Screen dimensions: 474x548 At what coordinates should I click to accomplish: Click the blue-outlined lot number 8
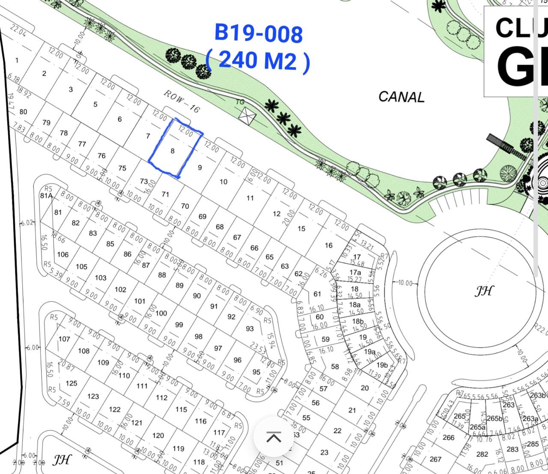tap(173, 151)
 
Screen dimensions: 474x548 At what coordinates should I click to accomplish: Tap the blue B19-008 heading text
tap(259, 33)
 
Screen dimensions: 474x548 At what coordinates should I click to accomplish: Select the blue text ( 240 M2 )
tap(258, 60)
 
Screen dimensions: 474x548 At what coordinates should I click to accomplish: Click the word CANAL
tap(401, 97)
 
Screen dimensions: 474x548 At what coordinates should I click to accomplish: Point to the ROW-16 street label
tap(182, 101)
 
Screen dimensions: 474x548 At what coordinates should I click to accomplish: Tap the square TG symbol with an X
tap(247, 115)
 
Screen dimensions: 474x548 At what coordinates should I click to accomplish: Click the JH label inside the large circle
tap(484, 291)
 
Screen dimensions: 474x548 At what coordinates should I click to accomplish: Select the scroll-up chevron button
tap(274, 437)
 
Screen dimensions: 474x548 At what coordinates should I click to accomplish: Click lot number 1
tap(17, 60)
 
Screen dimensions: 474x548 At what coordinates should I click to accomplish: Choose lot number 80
tap(23, 112)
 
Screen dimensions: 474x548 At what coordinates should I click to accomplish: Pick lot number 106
tap(63, 254)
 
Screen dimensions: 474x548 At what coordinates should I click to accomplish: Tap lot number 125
tap(71, 383)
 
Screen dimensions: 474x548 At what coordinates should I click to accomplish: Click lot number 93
tap(250, 329)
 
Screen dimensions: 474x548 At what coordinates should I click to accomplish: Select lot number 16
tap(328, 245)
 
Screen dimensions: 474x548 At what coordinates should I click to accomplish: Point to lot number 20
tap(364, 388)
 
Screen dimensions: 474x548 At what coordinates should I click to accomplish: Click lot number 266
tap(448, 437)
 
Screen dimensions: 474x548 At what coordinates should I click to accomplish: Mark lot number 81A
tap(46, 196)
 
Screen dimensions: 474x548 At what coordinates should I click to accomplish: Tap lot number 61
tap(317, 294)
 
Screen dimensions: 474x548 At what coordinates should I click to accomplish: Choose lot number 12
tap(277, 214)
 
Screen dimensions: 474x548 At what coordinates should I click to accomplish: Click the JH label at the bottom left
tap(62, 460)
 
